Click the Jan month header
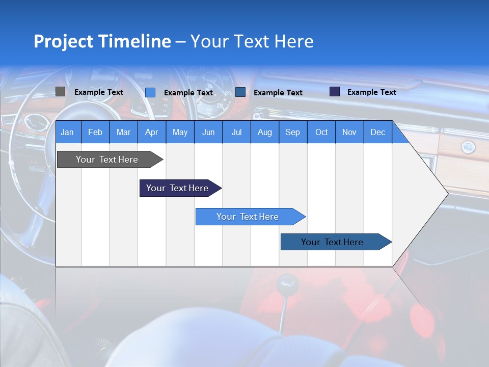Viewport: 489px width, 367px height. click(x=67, y=133)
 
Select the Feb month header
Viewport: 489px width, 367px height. click(x=95, y=133)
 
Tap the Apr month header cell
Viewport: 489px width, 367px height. click(x=151, y=133)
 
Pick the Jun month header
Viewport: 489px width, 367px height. click(x=208, y=133)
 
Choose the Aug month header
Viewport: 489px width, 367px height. click(x=264, y=133)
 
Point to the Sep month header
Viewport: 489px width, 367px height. click(x=292, y=133)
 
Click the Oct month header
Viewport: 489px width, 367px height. click(x=321, y=133)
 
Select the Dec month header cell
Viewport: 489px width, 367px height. click(x=377, y=133)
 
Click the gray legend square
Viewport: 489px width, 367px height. click(x=60, y=92)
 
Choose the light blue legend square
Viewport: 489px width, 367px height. click(x=150, y=92)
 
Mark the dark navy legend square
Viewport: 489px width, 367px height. click(x=335, y=92)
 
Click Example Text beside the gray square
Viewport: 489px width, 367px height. click(x=99, y=92)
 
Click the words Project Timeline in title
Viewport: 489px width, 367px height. click(x=102, y=41)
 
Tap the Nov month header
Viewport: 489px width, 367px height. click(x=349, y=133)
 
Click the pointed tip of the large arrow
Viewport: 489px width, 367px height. click(x=447, y=194)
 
